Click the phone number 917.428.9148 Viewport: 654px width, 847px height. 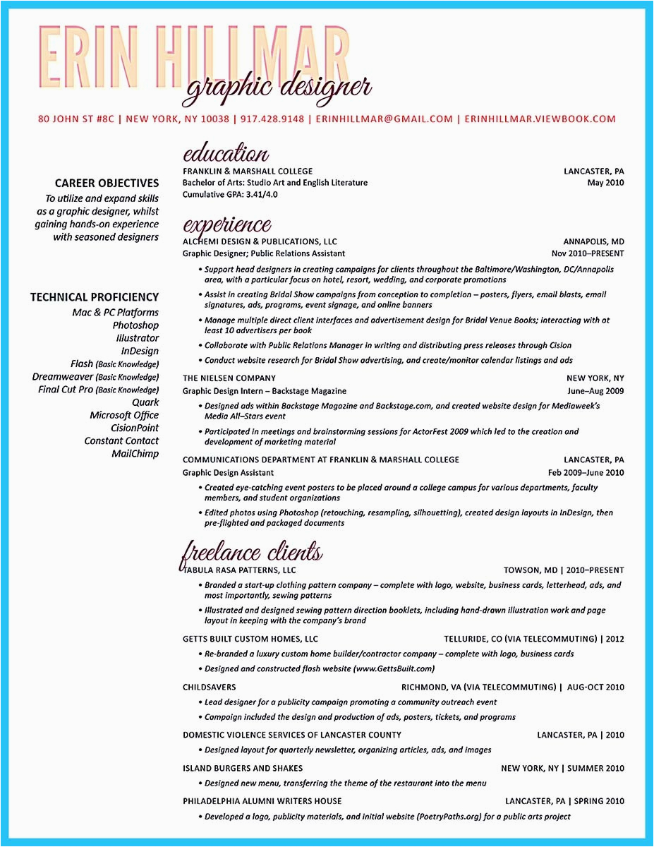coord(272,119)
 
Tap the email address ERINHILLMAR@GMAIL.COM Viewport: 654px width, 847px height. coord(384,119)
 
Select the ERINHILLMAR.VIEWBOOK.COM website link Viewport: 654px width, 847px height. coord(540,119)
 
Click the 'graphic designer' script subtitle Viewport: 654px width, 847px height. coord(277,88)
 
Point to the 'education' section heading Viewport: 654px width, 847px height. coord(225,154)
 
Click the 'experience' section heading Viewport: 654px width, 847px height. coord(226,225)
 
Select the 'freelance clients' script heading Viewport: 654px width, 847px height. coord(252,552)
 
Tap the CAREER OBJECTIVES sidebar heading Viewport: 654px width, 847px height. coord(107,183)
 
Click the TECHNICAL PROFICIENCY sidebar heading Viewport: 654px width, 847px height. coord(95,297)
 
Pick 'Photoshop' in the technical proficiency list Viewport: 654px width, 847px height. coord(135,325)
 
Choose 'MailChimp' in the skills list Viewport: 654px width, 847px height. coord(135,454)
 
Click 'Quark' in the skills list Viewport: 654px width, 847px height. coord(145,402)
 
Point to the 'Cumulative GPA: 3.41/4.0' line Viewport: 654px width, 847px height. coord(230,194)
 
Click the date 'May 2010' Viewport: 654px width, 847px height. coord(605,183)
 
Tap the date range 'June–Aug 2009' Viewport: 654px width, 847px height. coord(595,391)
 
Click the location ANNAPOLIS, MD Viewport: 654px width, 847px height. coord(593,241)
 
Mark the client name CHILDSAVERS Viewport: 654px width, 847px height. coord(210,687)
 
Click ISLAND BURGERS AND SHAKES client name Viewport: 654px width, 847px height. coord(243,768)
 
